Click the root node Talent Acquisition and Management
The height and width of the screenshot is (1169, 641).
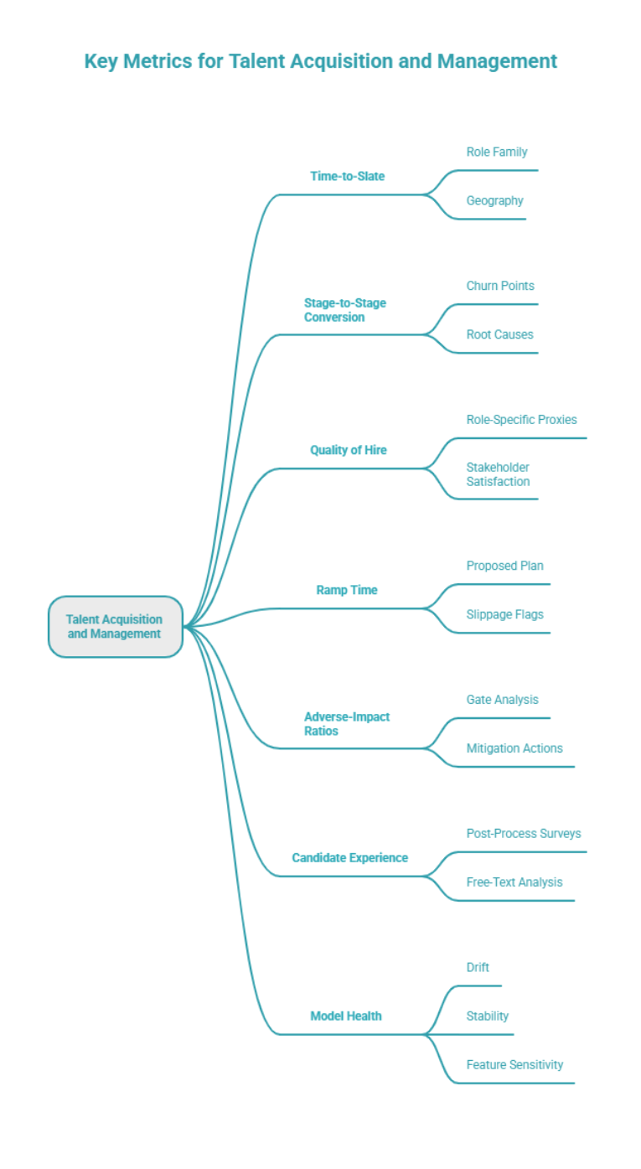pos(115,627)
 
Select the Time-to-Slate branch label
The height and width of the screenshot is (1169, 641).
pos(347,176)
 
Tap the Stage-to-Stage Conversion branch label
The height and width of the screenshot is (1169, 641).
pos(344,310)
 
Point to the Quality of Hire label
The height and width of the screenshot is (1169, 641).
pos(348,450)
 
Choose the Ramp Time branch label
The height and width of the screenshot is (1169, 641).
pos(346,590)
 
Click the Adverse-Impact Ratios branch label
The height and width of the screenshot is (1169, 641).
pos(346,724)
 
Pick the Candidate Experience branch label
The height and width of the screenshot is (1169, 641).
pos(349,857)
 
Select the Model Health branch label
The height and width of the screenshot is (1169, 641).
pos(345,1016)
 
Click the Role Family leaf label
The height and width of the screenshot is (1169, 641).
pos(496,152)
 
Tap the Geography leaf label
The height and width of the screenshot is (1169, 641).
pos(494,200)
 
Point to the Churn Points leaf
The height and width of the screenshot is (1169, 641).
pos(499,286)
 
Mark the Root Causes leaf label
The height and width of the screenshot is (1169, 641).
pos(499,334)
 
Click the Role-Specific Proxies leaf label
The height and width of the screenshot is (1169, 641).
pos(521,419)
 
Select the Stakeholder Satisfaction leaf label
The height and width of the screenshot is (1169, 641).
pos(498,474)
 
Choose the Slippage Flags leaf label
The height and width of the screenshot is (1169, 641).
pos(504,614)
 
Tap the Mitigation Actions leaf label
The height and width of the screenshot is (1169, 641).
pos(514,748)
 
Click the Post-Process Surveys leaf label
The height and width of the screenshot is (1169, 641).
pos(523,833)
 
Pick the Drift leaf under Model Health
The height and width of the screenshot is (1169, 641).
pos(478,967)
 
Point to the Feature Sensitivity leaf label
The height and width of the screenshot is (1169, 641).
pos(514,1064)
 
